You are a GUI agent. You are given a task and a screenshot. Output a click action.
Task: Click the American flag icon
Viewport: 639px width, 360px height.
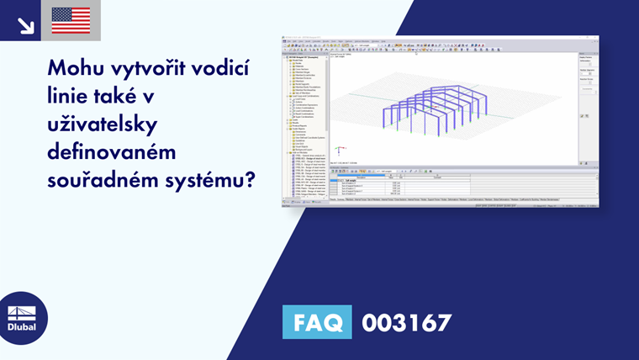pos(71,20)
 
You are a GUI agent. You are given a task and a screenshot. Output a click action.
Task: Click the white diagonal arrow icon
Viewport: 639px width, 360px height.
pos(25,25)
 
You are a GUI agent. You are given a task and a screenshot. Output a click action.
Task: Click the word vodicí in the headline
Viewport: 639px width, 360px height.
pos(228,66)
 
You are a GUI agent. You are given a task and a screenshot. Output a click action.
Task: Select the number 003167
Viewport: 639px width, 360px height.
pos(407,322)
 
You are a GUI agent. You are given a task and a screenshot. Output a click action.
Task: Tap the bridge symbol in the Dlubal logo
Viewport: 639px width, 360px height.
pos(22,311)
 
